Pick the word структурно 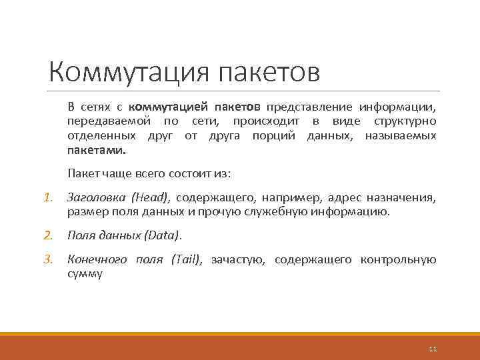[x=405, y=121]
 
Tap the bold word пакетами [x=96, y=151]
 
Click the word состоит [x=181, y=173]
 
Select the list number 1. [x=47, y=198]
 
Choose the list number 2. [x=47, y=235]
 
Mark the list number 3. [x=47, y=260]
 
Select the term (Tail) [x=187, y=260]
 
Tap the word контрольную [x=399, y=260]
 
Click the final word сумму [x=85, y=274]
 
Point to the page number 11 [x=433, y=349]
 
